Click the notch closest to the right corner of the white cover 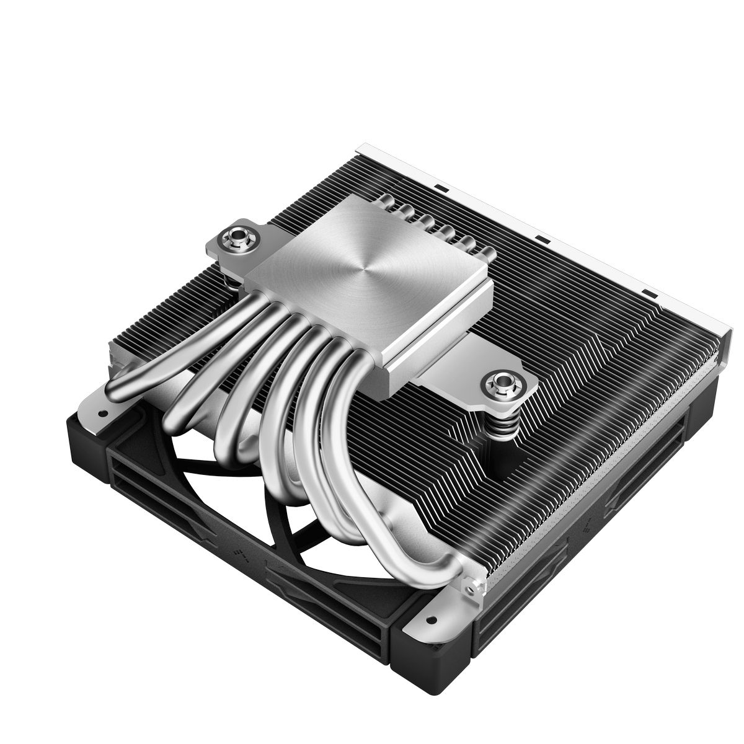[x=649, y=291]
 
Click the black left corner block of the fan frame [x=87, y=434]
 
